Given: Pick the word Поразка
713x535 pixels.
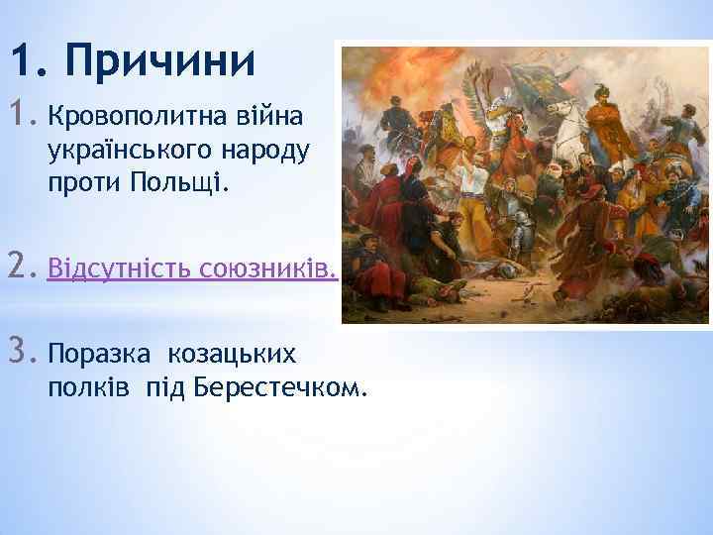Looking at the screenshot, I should click(97, 353).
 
